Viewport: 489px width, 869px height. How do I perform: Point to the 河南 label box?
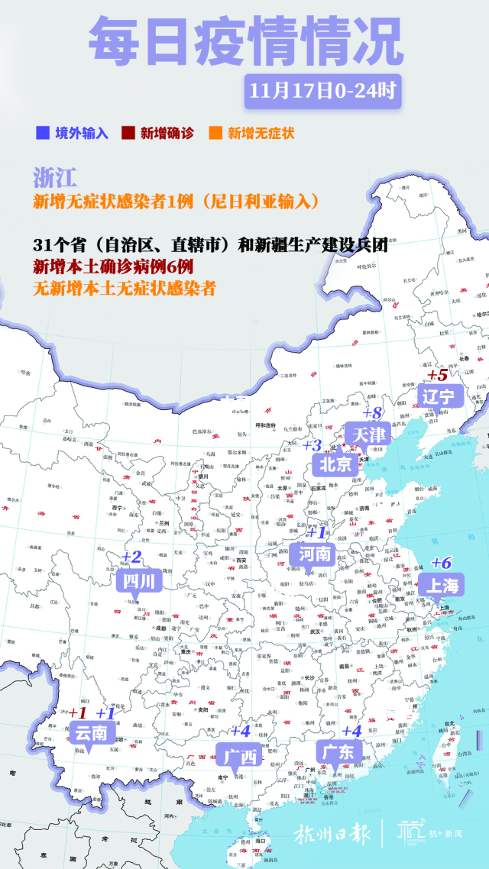(314, 553)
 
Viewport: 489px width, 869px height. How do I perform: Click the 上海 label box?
(442, 586)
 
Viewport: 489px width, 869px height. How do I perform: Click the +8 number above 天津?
(372, 413)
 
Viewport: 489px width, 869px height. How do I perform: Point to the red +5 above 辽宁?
(437, 375)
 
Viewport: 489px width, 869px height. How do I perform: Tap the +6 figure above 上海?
(441, 563)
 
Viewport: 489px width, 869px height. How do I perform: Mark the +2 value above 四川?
(132, 557)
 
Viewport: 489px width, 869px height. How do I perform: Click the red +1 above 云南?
(78, 712)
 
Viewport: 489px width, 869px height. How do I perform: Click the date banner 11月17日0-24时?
(322, 91)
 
